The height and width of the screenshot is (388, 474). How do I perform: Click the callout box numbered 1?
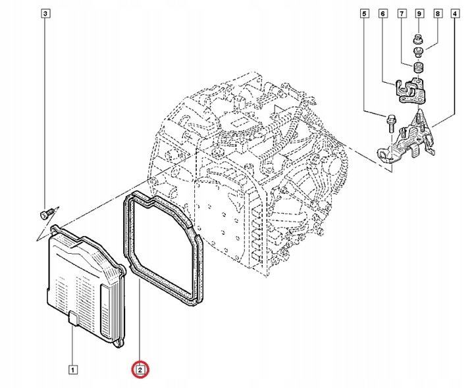coord(72,368)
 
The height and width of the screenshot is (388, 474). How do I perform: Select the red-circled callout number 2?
coord(140,370)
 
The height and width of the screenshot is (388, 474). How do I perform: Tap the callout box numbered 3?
coord(45,13)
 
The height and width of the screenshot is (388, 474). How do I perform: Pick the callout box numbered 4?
coord(456,13)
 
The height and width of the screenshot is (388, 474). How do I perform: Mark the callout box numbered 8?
coord(437,13)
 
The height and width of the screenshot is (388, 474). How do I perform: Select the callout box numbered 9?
coord(419,13)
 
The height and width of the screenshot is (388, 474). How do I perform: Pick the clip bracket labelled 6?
coord(408,89)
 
